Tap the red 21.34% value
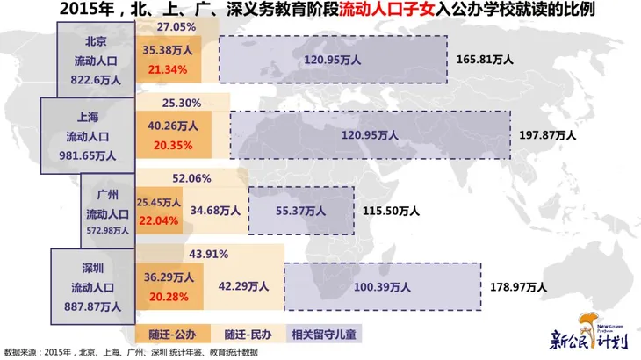click(170, 69)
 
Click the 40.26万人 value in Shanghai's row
click(170, 126)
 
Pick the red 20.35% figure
click(170, 143)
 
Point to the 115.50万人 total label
click(393, 211)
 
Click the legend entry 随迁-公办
click(173, 334)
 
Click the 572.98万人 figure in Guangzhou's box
click(108, 230)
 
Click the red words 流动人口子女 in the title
click(379, 11)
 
